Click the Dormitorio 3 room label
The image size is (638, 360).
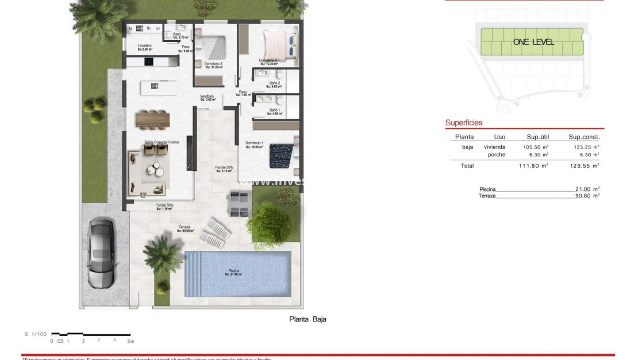[213, 64]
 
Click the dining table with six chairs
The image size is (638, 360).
[153, 120]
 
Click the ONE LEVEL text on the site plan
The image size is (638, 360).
[533, 42]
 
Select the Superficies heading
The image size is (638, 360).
[464, 122]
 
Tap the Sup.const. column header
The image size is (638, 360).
[584, 137]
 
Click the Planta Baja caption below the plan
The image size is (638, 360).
[307, 319]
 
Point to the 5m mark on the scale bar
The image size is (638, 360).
[131, 341]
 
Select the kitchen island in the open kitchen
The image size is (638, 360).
[157, 86]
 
